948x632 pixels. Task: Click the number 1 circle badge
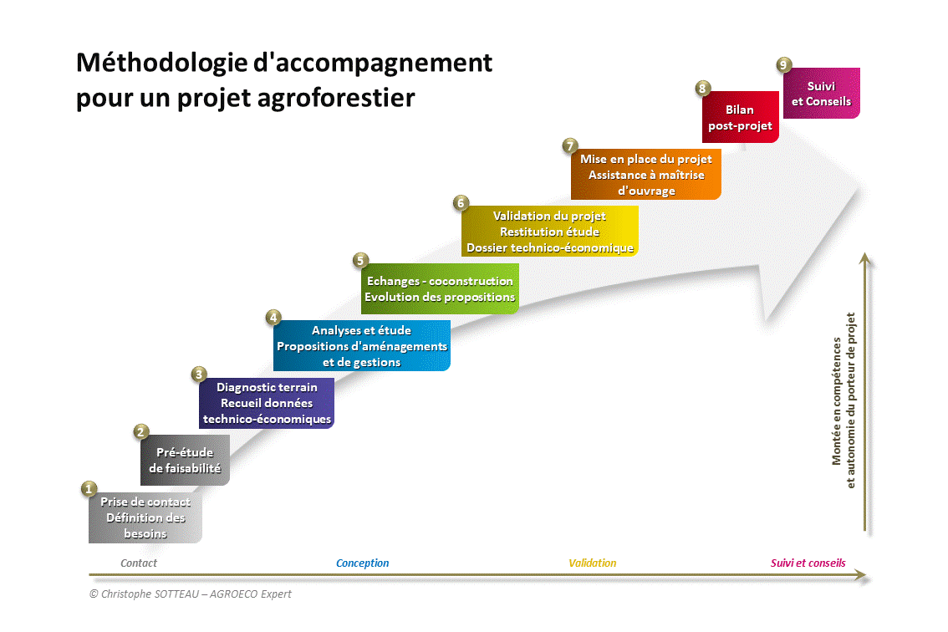(x=89, y=489)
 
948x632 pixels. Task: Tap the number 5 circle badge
(x=360, y=261)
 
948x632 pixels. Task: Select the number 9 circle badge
(x=783, y=64)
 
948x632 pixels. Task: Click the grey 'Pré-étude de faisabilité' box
(x=185, y=460)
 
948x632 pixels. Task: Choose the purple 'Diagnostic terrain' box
(x=267, y=403)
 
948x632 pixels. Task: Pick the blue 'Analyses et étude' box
(x=361, y=346)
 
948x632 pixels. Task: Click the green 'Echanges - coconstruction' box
(x=440, y=288)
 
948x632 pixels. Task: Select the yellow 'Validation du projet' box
(x=549, y=231)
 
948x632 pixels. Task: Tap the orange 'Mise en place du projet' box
(x=645, y=174)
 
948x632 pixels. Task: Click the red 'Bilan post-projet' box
(x=740, y=117)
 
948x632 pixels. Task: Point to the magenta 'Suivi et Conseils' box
(x=821, y=93)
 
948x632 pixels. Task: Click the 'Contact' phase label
(x=139, y=563)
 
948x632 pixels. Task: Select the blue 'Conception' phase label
(x=362, y=563)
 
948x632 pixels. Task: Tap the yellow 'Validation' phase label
(x=593, y=563)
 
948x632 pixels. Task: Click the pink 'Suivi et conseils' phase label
(x=808, y=563)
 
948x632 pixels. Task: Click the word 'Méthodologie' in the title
(x=162, y=63)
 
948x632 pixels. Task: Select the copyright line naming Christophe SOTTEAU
(x=190, y=594)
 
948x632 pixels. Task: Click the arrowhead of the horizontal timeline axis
(x=862, y=575)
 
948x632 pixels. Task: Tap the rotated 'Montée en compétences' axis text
(x=837, y=401)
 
